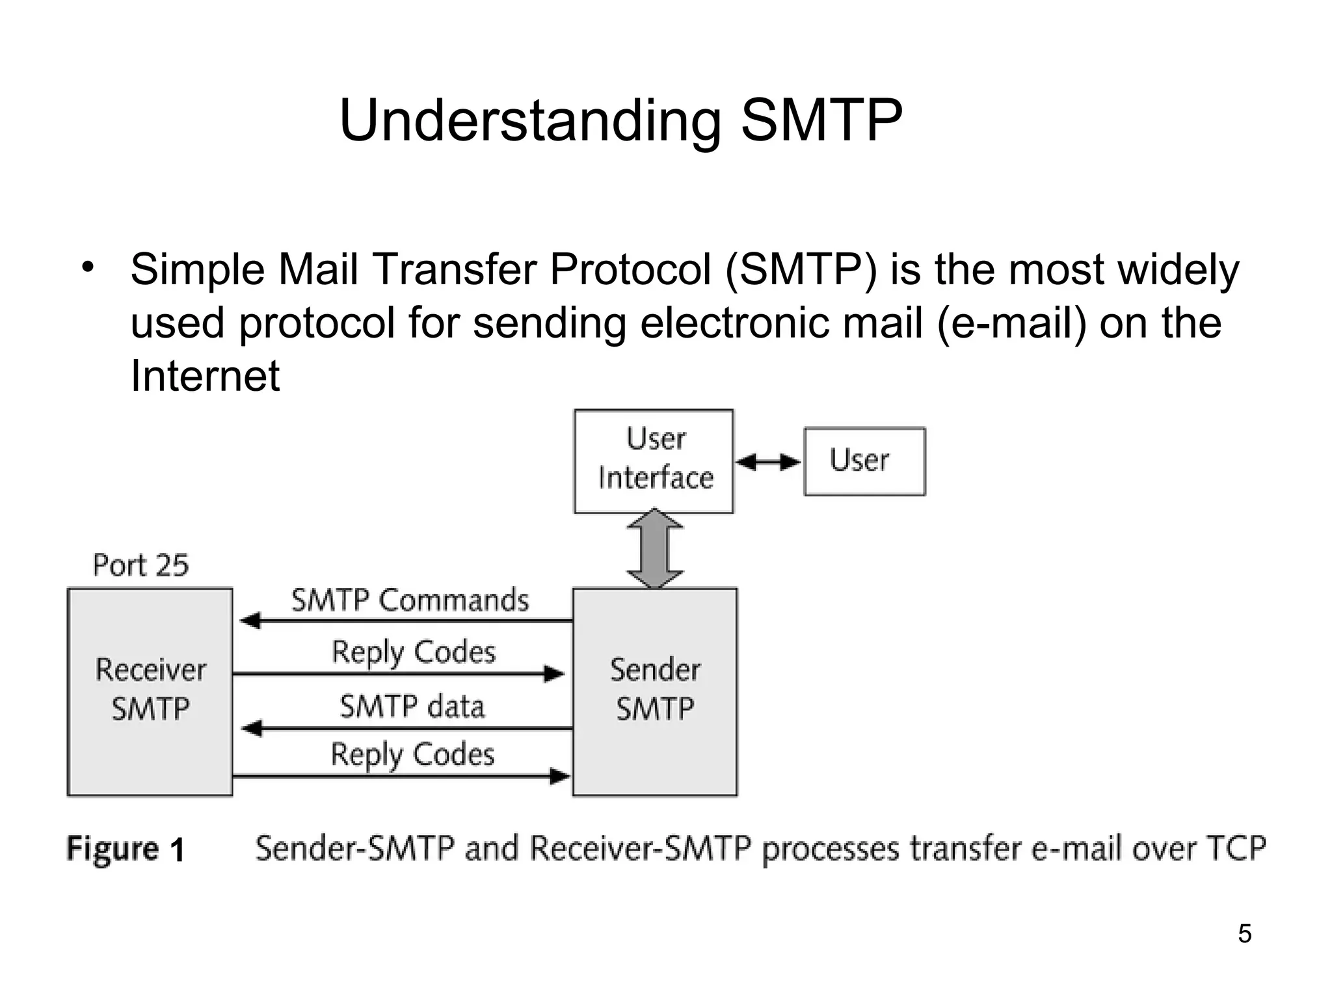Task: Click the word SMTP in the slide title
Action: [x=821, y=120]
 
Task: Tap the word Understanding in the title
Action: [x=530, y=122]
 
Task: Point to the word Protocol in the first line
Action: [x=630, y=270]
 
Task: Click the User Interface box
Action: [x=654, y=460]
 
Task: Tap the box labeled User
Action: [x=864, y=461]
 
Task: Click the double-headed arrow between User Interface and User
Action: [x=768, y=462]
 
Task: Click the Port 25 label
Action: [x=140, y=565]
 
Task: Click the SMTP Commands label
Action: [x=410, y=600]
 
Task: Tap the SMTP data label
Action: [x=412, y=706]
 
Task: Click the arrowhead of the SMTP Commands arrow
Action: [x=250, y=620]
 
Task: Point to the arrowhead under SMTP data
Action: [x=251, y=728]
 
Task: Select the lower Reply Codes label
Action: [x=412, y=755]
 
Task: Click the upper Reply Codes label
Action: [x=414, y=652]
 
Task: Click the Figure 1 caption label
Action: [x=126, y=849]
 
